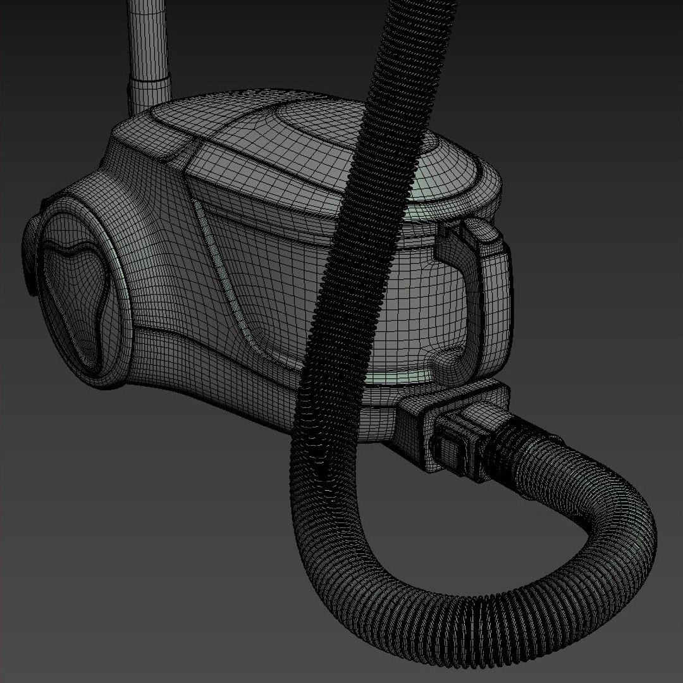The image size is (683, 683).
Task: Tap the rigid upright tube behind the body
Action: tap(147, 38)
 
